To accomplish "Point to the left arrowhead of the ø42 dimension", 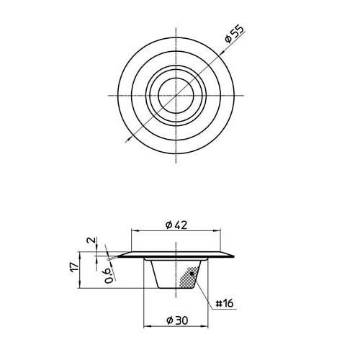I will pos(132,231).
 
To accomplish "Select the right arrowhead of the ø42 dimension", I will pos(220,231).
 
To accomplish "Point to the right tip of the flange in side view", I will pos(235,253).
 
